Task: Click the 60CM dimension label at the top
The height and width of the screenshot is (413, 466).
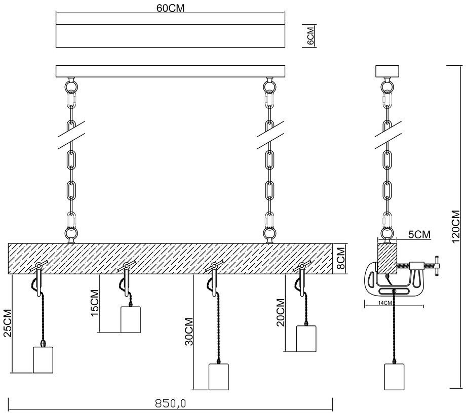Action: (x=170, y=8)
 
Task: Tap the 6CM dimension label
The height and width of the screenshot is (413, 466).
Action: (x=310, y=35)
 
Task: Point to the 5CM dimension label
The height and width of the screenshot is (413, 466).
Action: (x=419, y=234)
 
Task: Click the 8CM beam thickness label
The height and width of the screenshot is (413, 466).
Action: (x=341, y=258)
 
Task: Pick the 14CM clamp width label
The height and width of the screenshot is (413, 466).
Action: (x=385, y=303)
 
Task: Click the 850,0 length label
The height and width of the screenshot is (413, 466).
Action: (x=170, y=403)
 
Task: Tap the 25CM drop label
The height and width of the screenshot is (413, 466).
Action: (x=7, y=323)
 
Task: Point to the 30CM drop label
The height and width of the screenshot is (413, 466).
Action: (x=189, y=332)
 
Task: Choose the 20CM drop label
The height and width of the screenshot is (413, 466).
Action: (x=281, y=313)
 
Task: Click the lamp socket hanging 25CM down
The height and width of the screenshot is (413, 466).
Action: (x=43, y=359)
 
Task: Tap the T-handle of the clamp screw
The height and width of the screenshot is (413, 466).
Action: (x=437, y=266)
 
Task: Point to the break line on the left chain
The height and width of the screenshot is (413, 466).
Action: (x=71, y=135)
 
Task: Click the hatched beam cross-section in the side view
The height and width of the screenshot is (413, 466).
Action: (x=387, y=258)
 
